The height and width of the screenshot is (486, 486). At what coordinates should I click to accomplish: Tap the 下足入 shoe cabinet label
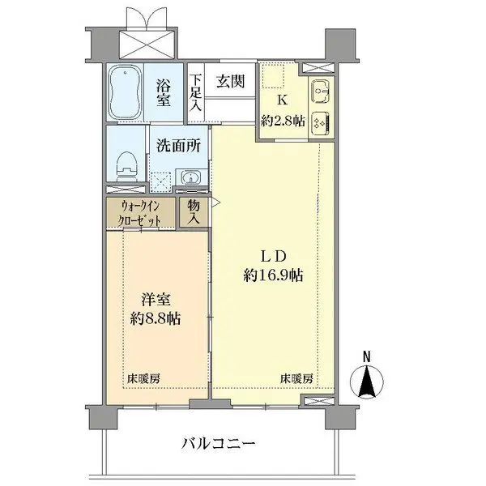[x=195, y=93]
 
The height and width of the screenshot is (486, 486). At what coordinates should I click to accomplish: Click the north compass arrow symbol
[x=367, y=380]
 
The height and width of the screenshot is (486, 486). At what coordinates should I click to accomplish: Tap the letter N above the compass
[x=367, y=356]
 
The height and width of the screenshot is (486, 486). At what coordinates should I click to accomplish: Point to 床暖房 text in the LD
[x=296, y=378]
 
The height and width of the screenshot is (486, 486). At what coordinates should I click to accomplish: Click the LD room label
[x=272, y=253]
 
